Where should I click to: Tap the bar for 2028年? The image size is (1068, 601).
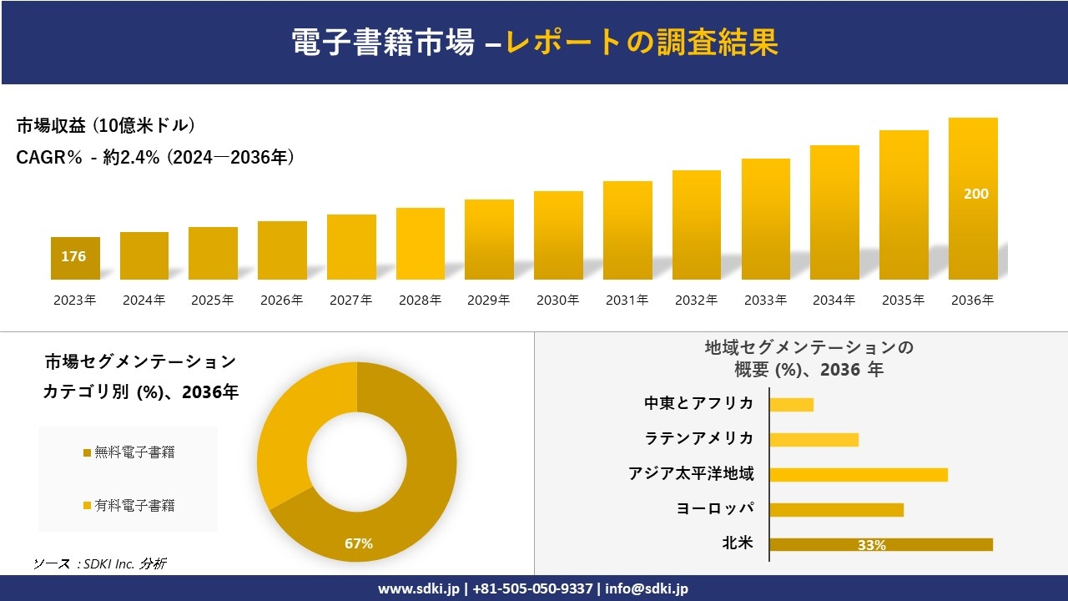[421, 244]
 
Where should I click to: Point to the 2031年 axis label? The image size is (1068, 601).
[627, 300]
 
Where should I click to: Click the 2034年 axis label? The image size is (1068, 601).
[834, 300]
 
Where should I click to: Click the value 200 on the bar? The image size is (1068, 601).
[975, 194]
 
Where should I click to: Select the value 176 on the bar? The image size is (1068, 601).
[73, 256]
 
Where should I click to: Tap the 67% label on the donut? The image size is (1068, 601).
[359, 543]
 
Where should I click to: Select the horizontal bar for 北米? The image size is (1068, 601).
[880, 544]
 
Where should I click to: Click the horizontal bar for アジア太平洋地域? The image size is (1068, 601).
[858, 474]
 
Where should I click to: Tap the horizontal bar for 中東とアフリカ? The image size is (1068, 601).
[791, 404]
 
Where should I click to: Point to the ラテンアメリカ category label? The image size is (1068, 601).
[698, 438]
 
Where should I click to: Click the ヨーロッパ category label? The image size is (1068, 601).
[715, 508]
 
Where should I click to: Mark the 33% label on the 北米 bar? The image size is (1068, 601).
[871, 545]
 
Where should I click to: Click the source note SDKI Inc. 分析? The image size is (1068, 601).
[99, 563]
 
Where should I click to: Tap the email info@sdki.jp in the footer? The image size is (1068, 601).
[647, 588]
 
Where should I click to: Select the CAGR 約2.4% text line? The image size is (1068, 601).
[155, 157]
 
